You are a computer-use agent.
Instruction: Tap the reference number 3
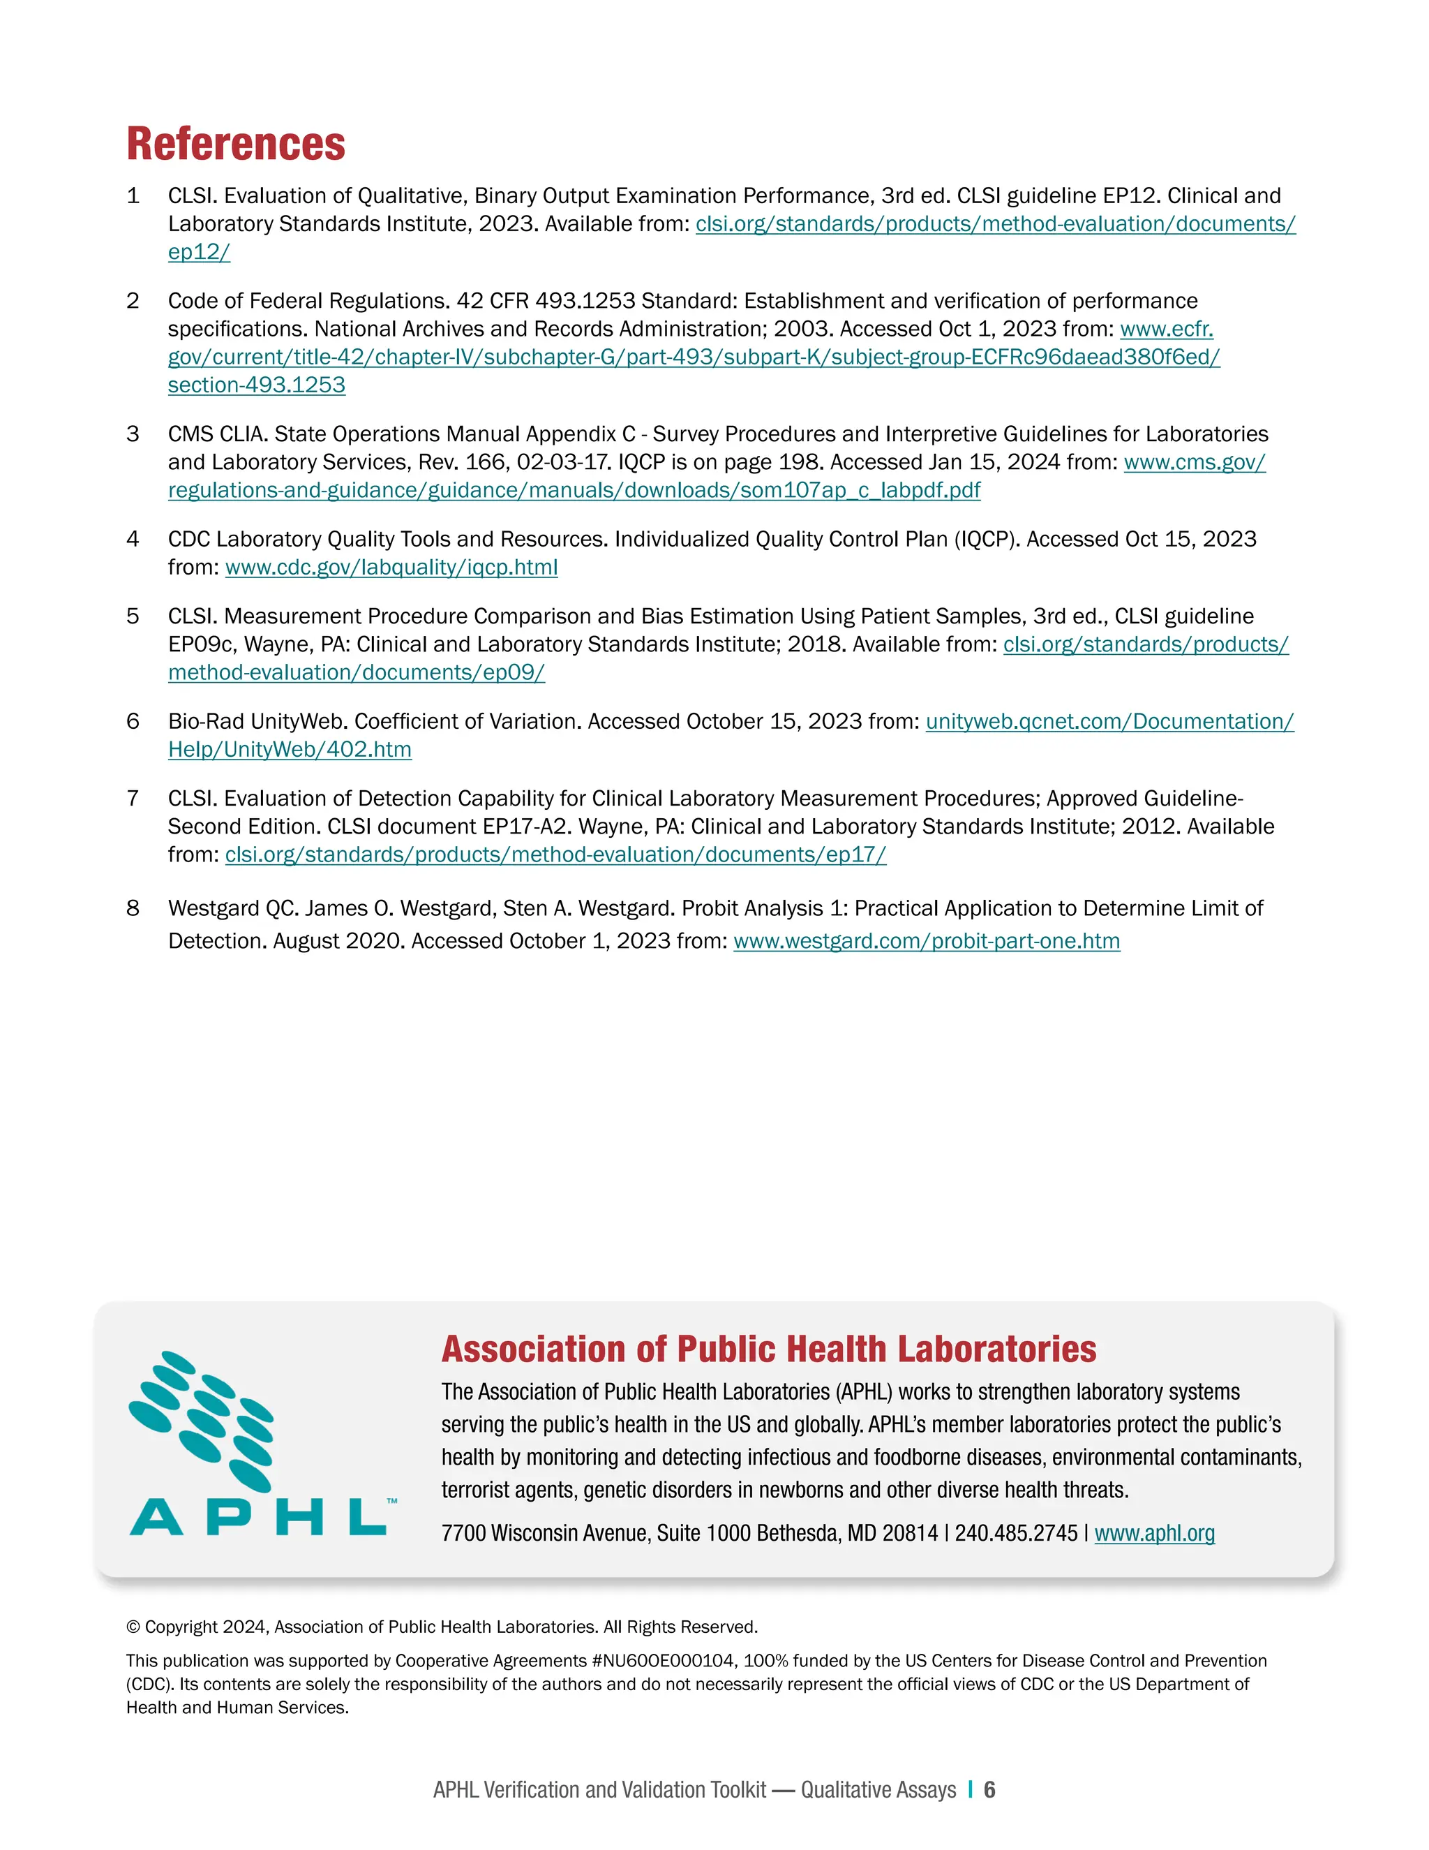(133, 434)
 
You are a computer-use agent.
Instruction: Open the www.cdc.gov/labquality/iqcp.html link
(391, 568)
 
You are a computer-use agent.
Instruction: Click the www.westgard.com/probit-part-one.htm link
(926, 941)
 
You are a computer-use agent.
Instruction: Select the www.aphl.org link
(1154, 1533)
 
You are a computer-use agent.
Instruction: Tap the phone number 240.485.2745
(1016, 1533)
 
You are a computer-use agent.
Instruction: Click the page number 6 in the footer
(989, 1790)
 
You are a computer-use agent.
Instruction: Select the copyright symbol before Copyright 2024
(133, 1627)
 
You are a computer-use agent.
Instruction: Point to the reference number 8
(133, 909)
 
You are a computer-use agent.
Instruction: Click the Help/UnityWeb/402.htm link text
(290, 750)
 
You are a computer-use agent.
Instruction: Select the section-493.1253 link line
(257, 385)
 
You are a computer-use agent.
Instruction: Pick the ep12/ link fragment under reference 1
(199, 253)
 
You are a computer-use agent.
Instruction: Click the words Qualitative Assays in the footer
(878, 1790)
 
